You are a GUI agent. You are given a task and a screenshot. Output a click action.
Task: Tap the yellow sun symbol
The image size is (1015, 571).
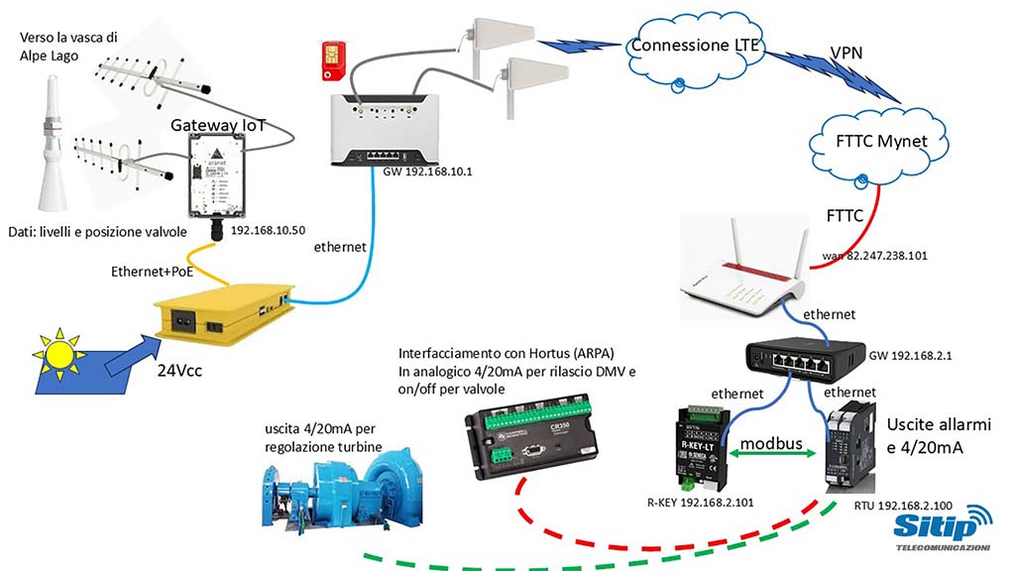click(58, 352)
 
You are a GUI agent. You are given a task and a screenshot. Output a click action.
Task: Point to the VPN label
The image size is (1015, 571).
click(845, 51)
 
